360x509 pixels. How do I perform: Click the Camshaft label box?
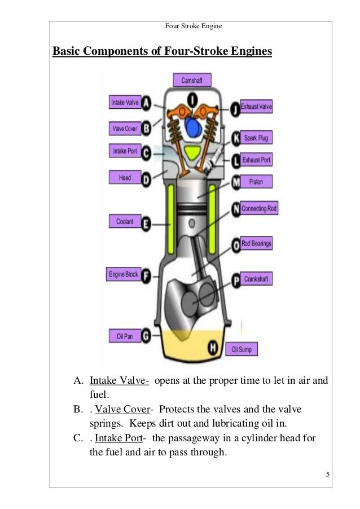[x=192, y=81]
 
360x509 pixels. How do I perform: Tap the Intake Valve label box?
[x=124, y=103]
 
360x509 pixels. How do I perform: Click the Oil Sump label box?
[x=242, y=349]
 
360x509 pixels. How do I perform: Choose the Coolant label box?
[x=124, y=222]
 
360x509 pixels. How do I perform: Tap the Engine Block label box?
[x=123, y=275]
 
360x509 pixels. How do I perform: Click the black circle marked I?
[x=192, y=100]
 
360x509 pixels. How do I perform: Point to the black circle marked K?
[x=235, y=137]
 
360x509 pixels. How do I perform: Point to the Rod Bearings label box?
[x=256, y=244]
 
